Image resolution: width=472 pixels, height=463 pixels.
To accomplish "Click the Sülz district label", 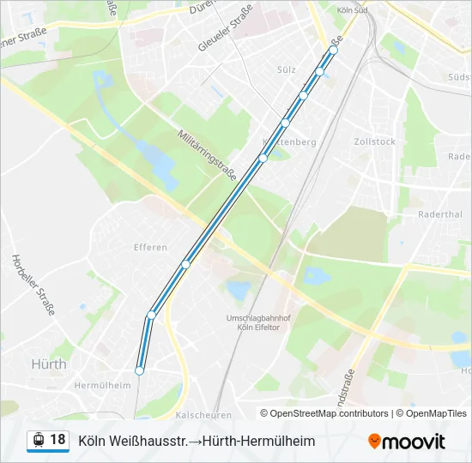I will pos(287,69).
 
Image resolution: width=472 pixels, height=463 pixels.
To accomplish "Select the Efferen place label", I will pos(150,247).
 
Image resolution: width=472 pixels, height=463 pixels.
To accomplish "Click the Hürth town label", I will pos(49,364).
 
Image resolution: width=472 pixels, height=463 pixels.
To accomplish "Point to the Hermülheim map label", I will pos(102,385).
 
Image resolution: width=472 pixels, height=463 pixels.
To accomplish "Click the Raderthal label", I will pos(439,214).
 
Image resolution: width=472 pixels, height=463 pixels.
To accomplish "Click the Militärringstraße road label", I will pos(207,149).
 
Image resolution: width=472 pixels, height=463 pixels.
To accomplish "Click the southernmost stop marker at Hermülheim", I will pos(139,370).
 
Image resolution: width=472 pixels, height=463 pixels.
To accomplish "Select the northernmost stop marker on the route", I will pos(334,51).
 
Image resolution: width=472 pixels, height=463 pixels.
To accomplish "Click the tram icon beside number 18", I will pos(38,441).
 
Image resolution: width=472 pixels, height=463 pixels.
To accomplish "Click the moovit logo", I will pos(407,442).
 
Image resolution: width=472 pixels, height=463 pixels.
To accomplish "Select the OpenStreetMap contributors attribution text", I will pos(330,413).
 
